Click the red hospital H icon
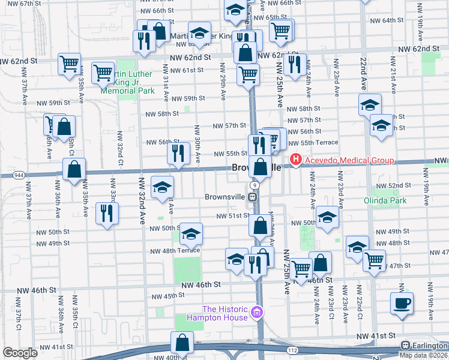(x=295, y=160)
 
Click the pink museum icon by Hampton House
(x=258, y=312)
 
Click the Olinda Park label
(x=385, y=200)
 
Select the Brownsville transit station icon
(x=253, y=196)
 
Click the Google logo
(x=20, y=353)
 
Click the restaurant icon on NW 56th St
(x=178, y=153)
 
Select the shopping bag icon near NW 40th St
(x=182, y=343)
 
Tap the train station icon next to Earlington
(x=406, y=346)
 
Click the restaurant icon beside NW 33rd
(x=107, y=214)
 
